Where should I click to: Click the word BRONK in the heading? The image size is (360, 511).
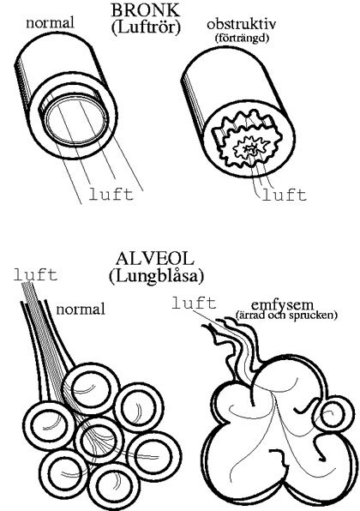click(x=146, y=10)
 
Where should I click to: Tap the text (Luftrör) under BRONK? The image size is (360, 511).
click(x=146, y=27)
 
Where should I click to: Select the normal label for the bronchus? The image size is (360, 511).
click(x=50, y=23)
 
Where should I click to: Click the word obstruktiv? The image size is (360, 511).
click(x=242, y=24)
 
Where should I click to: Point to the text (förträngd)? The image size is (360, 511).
click(x=242, y=38)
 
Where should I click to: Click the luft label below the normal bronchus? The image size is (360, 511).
click(x=111, y=195)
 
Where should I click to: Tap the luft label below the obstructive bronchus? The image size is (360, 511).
click(x=284, y=195)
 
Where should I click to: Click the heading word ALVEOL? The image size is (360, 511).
click(x=155, y=260)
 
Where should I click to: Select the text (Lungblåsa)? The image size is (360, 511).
click(x=156, y=276)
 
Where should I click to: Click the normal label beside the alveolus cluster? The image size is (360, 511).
click(x=81, y=309)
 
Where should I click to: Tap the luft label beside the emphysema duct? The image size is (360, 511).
click(x=194, y=303)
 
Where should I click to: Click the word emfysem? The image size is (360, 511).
click(x=283, y=305)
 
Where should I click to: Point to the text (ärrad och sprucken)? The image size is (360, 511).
click(x=285, y=316)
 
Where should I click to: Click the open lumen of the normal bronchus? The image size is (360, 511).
click(x=75, y=120)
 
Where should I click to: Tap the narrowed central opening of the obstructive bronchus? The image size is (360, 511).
click(x=251, y=149)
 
